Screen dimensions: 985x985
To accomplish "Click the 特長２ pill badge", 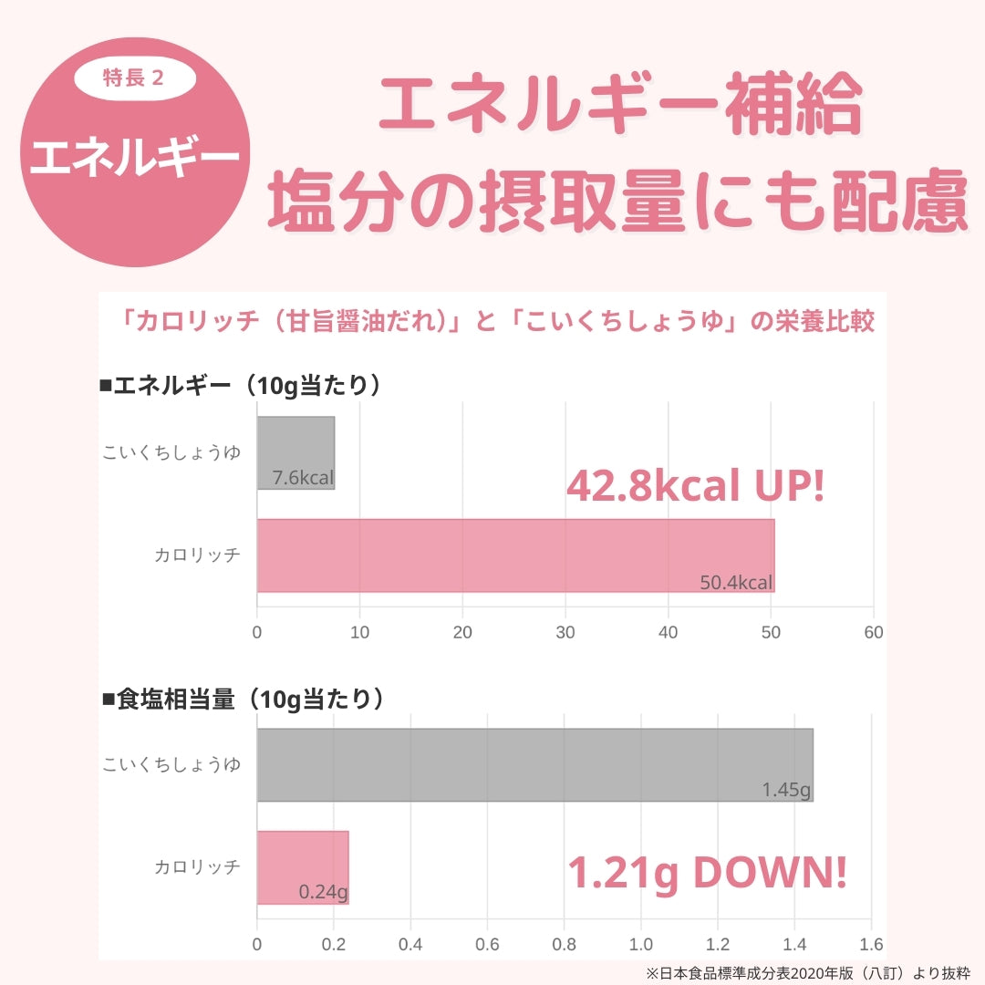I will click(135, 78).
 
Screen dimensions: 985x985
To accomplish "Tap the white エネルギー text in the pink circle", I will click(135, 158).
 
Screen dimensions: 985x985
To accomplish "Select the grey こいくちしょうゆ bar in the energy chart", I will click(295, 452).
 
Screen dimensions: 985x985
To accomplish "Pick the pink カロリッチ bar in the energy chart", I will click(515, 555).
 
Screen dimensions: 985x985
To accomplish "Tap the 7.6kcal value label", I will click(303, 478).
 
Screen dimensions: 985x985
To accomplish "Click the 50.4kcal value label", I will click(736, 582).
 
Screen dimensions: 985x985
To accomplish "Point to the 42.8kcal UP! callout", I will click(695, 487).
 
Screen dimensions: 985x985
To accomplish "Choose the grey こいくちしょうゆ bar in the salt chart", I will click(534, 764).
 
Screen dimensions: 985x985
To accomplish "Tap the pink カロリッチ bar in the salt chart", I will click(303, 867).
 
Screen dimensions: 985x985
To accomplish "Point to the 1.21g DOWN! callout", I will click(707, 873).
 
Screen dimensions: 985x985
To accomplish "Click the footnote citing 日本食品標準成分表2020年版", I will click(807, 973).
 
